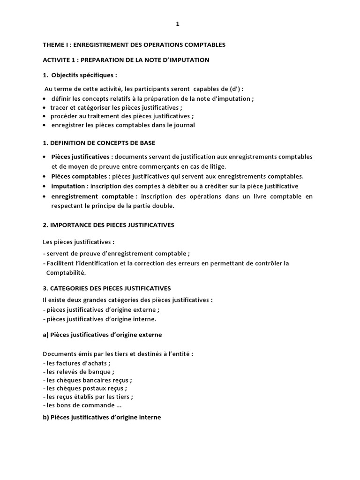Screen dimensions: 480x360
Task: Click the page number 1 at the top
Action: click(178, 25)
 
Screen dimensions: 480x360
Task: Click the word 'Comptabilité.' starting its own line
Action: click(66, 272)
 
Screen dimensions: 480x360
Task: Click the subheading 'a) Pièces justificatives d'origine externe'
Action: click(102, 335)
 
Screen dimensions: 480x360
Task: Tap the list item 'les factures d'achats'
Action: click(78, 363)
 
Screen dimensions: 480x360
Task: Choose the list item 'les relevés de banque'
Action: click(79, 372)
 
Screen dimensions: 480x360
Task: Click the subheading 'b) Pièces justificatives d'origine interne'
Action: click(102, 417)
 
